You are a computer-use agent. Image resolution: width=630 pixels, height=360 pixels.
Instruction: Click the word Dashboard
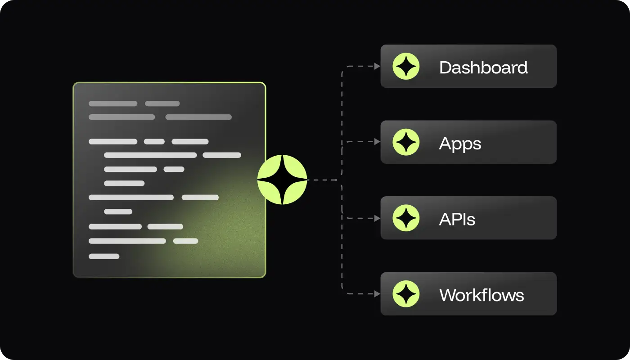pyautogui.click(x=483, y=67)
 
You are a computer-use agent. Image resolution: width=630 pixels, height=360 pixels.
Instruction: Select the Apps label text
pyautogui.click(x=460, y=144)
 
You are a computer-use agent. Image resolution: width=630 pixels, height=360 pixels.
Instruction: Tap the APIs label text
pyautogui.click(x=457, y=220)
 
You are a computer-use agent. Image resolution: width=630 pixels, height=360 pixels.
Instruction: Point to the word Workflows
pyautogui.click(x=481, y=295)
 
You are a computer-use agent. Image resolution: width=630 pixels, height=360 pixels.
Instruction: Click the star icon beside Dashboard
pyautogui.click(x=406, y=67)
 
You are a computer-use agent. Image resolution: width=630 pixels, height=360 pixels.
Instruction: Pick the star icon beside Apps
pyautogui.click(x=406, y=142)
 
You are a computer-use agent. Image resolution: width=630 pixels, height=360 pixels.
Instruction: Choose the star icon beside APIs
pyautogui.click(x=406, y=218)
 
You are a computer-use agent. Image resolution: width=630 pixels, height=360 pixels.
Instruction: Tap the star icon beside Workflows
pyautogui.click(x=406, y=294)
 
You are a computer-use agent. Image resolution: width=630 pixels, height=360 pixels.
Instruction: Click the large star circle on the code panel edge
pyautogui.click(x=282, y=180)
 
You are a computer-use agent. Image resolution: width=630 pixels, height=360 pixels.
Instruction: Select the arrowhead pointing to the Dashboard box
pyautogui.click(x=378, y=66)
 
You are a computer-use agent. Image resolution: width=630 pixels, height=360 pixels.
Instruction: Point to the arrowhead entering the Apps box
pyautogui.click(x=378, y=142)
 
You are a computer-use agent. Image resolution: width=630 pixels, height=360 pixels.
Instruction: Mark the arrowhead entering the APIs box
pyautogui.click(x=378, y=218)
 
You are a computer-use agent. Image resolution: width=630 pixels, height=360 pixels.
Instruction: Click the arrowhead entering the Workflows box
pyautogui.click(x=378, y=294)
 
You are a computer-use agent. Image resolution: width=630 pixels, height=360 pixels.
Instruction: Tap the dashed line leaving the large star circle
pyautogui.click(x=322, y=180)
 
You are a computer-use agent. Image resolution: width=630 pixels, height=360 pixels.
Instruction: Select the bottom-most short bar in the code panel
pyautogui.click(x=104, y=256)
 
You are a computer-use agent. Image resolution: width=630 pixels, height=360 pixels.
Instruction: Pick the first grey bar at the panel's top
pyautogui.click(x=113, y=103)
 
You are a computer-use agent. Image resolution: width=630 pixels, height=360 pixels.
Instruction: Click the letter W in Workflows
pyautogui.click(x=448, y=295)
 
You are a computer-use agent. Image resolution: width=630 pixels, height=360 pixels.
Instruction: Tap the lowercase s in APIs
pyautogui.click(x=471, y=221)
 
